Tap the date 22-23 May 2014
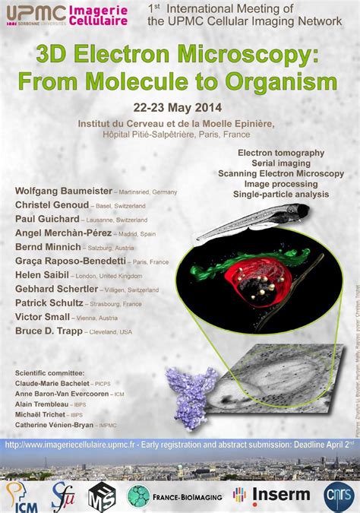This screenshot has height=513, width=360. pos(179,107)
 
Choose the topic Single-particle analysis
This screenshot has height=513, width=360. pos(280,195)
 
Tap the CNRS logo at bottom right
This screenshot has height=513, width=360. pos(339,495)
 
